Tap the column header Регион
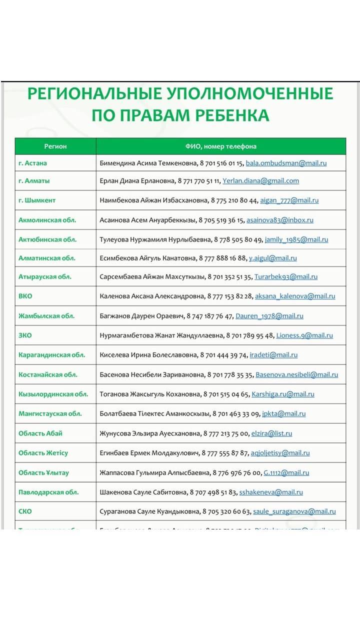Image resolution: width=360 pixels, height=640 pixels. (x=55, y=146)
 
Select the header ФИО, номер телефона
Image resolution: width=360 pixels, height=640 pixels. (x=220, y=146)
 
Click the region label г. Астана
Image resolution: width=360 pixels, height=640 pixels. (x=33, y=163)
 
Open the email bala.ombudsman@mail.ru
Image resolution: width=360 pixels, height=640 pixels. (x=286, y=163)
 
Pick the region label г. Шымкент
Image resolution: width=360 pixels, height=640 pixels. (x=37, y=200)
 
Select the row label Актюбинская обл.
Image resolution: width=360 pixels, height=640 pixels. (x=47, y=239)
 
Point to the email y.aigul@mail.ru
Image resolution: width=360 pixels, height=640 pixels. (x=272, y=258)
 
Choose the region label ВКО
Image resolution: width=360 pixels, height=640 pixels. (x=25, y=296)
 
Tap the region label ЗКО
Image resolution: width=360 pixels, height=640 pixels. (x=25, y=335)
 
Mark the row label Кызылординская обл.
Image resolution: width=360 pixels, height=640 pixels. (x=53, y=394)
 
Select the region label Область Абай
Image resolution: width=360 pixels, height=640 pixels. (x=40, y=433)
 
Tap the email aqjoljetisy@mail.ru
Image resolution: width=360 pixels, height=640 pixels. (x=280, y=453)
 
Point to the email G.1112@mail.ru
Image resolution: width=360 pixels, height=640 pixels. (x=286, y=472)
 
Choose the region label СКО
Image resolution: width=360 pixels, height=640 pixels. (x=25, y=511)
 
